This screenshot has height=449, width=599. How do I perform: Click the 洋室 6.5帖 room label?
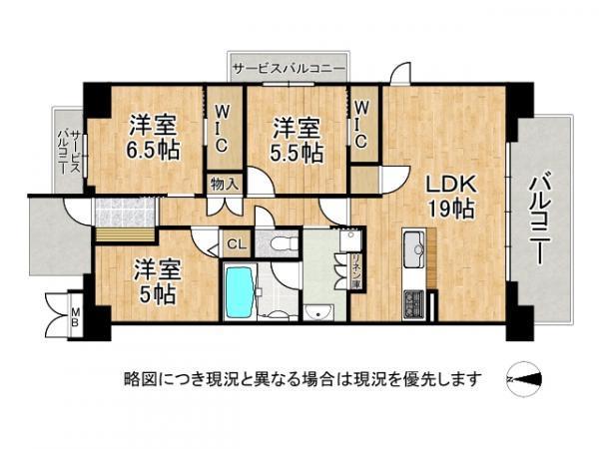(153, 137)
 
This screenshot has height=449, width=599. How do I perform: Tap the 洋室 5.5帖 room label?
(298, 141)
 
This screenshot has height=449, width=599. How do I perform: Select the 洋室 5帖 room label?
(157, 282)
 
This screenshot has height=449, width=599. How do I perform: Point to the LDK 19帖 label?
(451, 197)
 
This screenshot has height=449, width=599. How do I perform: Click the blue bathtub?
(240, 292)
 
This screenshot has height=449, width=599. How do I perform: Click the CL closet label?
(237, 244)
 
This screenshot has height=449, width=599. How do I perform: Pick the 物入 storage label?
(225, 184)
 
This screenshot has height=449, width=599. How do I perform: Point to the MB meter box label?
(75, 317)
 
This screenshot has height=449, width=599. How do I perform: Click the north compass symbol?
(524, 379)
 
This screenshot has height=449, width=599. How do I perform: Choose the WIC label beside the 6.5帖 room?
(222, 129)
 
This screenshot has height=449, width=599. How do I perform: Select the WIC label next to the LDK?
(361, 126)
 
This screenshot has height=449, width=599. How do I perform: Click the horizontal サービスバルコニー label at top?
(290, 69)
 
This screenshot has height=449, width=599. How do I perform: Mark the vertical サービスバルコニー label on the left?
(69, 152)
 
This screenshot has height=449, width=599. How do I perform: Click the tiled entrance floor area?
(125, 213)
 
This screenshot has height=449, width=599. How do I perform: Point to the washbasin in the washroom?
(318, 312)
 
